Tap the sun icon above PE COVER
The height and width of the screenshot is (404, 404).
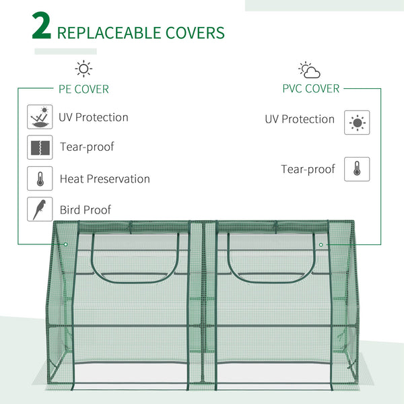coord(83,69)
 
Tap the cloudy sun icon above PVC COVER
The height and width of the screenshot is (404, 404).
coord(309,70)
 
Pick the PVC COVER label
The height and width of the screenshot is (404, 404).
coord(310,88)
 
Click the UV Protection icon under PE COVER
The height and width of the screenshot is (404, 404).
coord(40,117)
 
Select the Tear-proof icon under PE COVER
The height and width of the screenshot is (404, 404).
coord(40,147)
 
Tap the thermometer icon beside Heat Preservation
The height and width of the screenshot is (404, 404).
coord(40,178)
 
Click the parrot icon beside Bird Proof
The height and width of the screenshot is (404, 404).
coord(40,209)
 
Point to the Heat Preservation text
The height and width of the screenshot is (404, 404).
coord(104,179)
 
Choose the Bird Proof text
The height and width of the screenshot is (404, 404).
coord(85,210)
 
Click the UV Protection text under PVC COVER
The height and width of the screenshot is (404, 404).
coord(299,119)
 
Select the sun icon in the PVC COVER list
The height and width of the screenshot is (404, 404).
coord(357,123)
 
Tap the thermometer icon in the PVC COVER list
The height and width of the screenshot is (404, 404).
coord(357,169)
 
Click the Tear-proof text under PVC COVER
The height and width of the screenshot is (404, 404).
coord(308,169)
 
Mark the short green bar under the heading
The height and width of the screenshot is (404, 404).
coord(65,51)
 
